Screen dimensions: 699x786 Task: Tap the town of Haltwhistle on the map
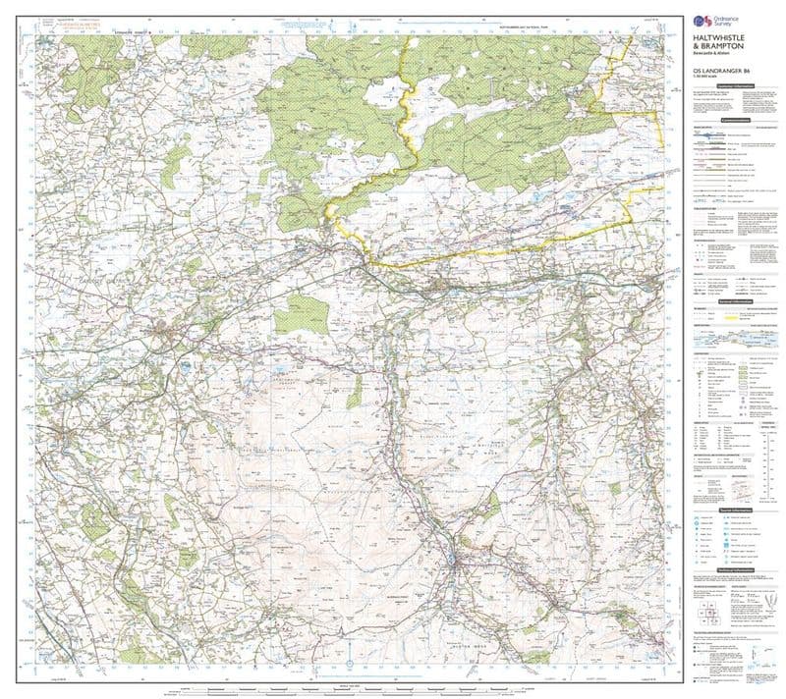point(441,286)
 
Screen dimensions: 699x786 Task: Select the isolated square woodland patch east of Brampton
point(293,318)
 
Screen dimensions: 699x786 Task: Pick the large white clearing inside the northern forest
point(383,94)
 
